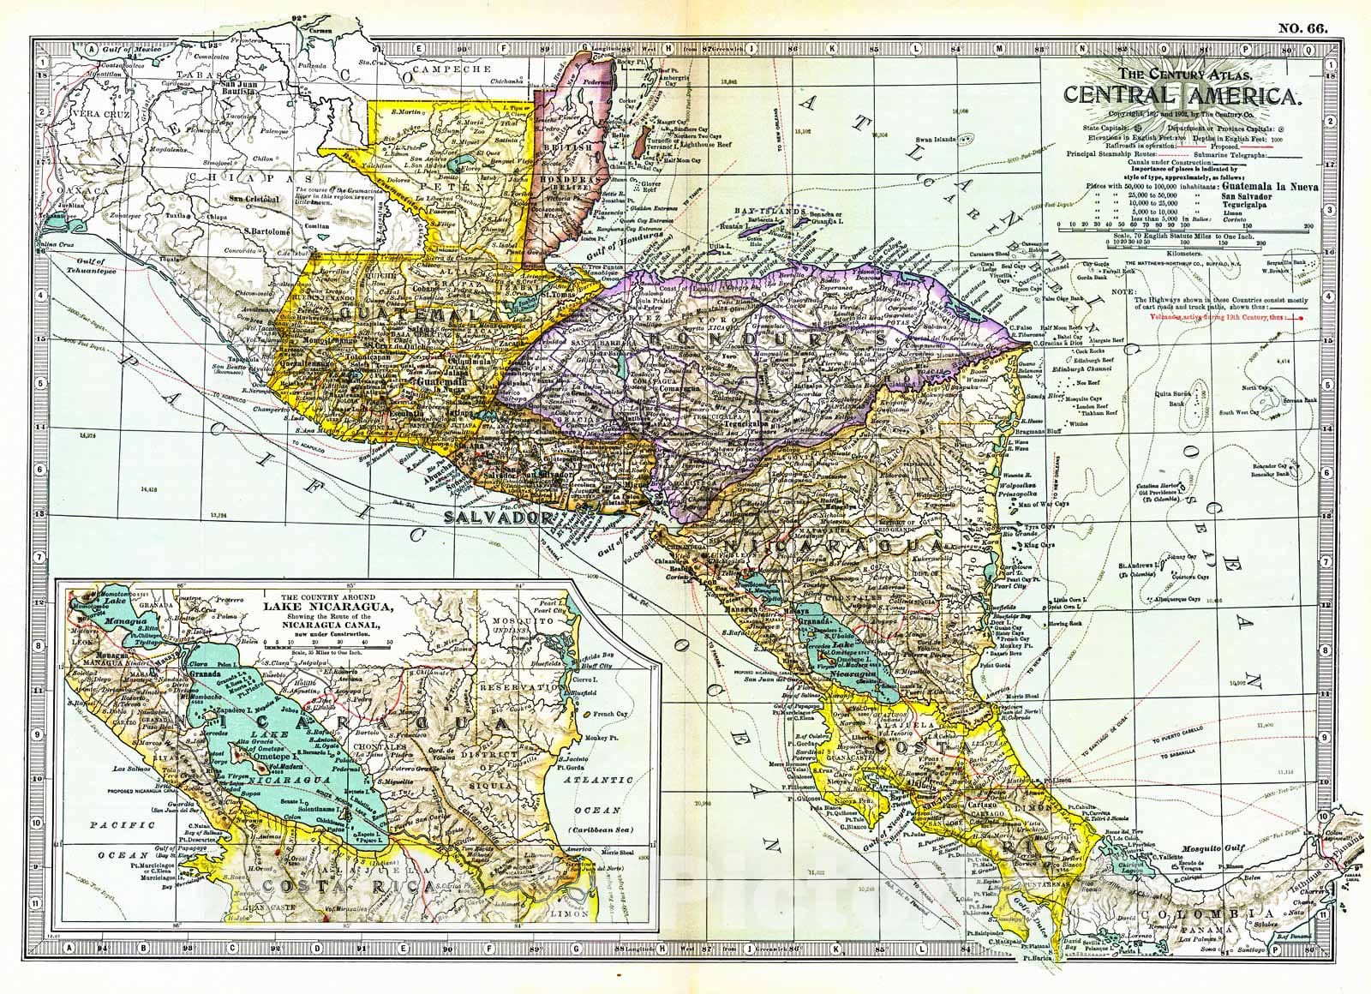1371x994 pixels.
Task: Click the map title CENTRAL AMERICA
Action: (1184, 96)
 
